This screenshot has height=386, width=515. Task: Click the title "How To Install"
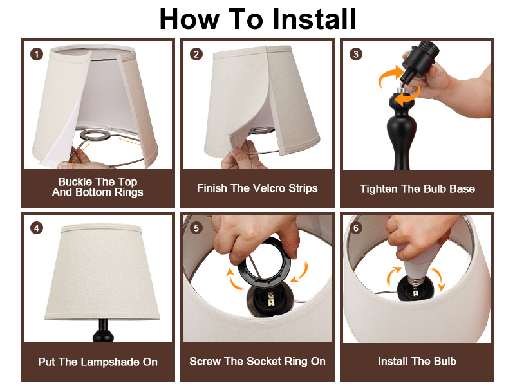click(x=257, y=19)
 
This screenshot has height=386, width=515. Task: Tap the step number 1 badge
click(x=37, y=54)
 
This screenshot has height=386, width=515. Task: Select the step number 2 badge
click(x=196, y=54)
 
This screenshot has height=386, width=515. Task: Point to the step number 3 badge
click(x=356, y=54)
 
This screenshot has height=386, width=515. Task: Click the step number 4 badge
click(x=37, y=228)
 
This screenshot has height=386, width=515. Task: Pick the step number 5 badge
click(x=196, y=228)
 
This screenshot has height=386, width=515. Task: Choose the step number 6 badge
click(x=356, y=228)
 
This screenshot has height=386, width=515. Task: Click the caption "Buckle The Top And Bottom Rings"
click(x=98, y=187)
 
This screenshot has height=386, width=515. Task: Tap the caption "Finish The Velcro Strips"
click(x=257, y=188)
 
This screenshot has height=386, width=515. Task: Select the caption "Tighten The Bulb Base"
click(x=417, y=189)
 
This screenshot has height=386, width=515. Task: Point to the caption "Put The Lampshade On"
click(x=98, y=362)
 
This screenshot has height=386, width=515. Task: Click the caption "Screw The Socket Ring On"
click(x=257, y=362)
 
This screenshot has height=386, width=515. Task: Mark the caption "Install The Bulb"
click(x=417, y=362)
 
